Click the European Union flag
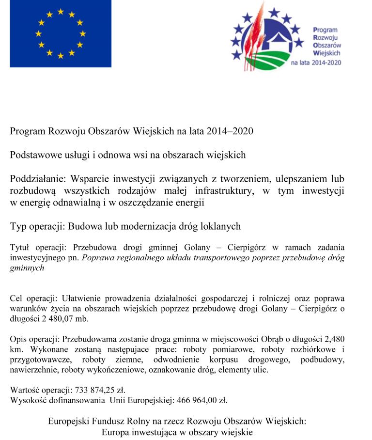(x=61, y=33)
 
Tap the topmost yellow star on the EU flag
(x=61, y=11)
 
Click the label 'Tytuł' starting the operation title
(x=19, y=248)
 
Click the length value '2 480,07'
(x=49, y=319)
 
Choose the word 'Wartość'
(x=24, y=390)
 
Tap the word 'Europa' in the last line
(x=115, y=432)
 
